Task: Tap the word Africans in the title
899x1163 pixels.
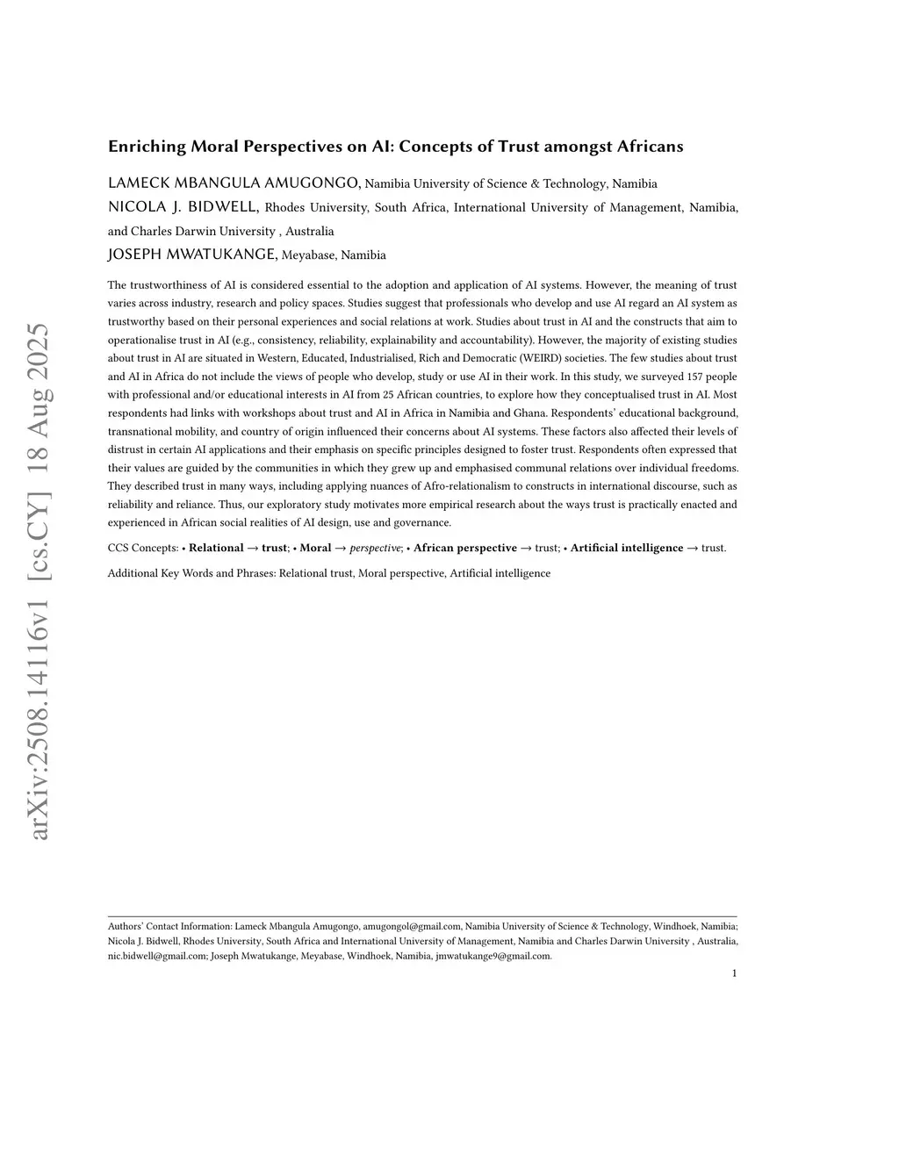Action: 650,147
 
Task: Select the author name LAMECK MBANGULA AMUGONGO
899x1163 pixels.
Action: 234,183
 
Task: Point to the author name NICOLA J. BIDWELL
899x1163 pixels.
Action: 183,207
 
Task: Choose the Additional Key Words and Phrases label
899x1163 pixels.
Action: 191,574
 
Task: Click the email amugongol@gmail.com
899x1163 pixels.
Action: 412,926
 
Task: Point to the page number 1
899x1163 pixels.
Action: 734,973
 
